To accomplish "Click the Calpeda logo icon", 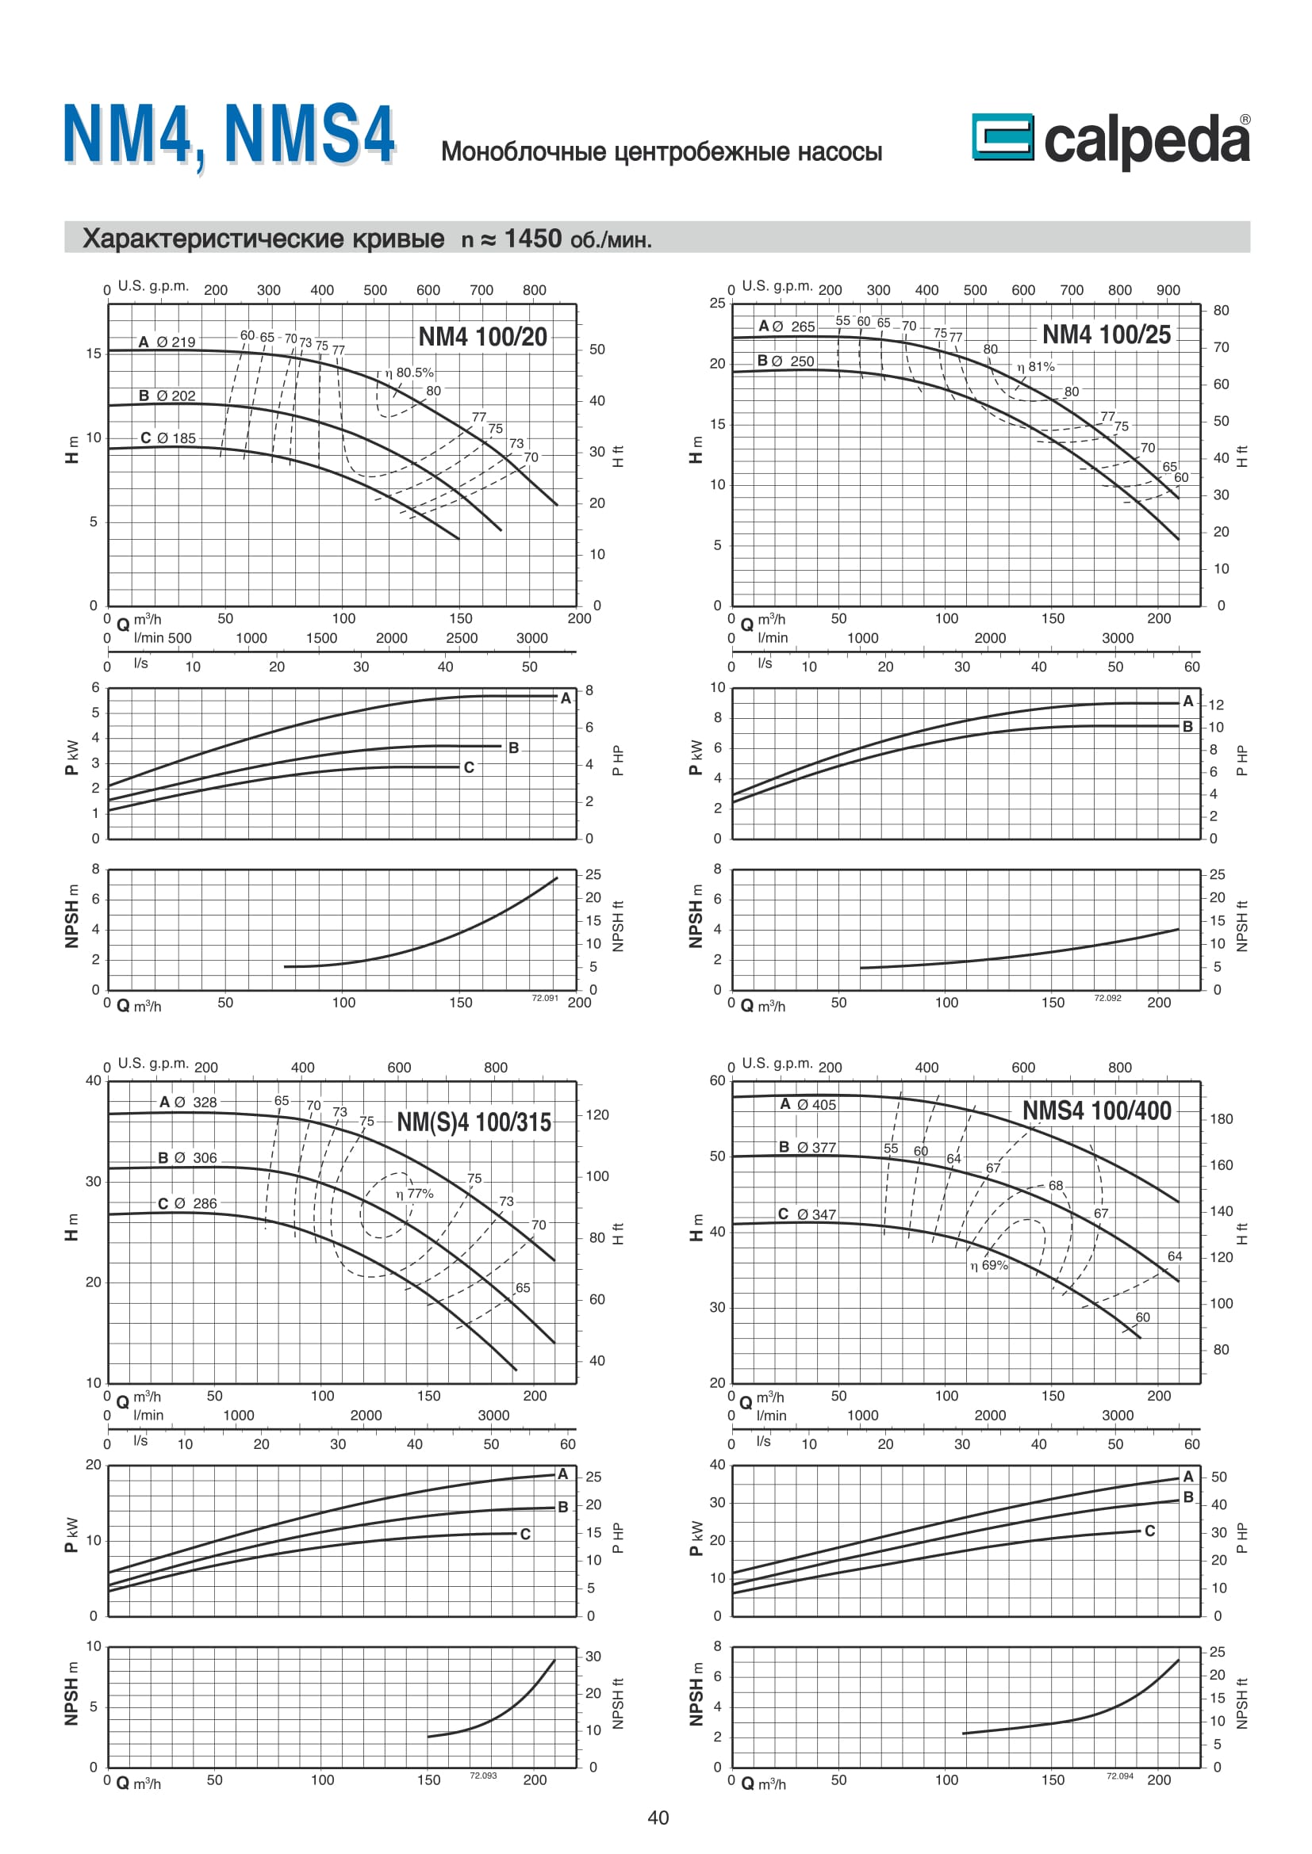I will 1002,136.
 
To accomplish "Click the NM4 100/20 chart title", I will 482,337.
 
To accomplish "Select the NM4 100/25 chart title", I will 1106,334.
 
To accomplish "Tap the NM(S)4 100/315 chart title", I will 474,1122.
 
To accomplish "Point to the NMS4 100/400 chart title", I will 1096,1110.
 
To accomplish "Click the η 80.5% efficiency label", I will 409,373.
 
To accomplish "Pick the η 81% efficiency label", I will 1036,367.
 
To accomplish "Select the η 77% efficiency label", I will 414,1194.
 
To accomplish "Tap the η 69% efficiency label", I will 989,1265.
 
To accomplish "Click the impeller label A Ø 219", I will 167,342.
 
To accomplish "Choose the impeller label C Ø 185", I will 168,438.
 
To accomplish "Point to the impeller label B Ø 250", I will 785,361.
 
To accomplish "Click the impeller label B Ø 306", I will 187,1158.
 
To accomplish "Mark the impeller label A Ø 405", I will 808,1104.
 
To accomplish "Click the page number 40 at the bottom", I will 658,1817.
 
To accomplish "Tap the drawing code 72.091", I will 544,998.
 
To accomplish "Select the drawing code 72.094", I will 1119,1776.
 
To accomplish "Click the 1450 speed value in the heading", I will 532,239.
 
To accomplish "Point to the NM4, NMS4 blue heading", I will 229,134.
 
